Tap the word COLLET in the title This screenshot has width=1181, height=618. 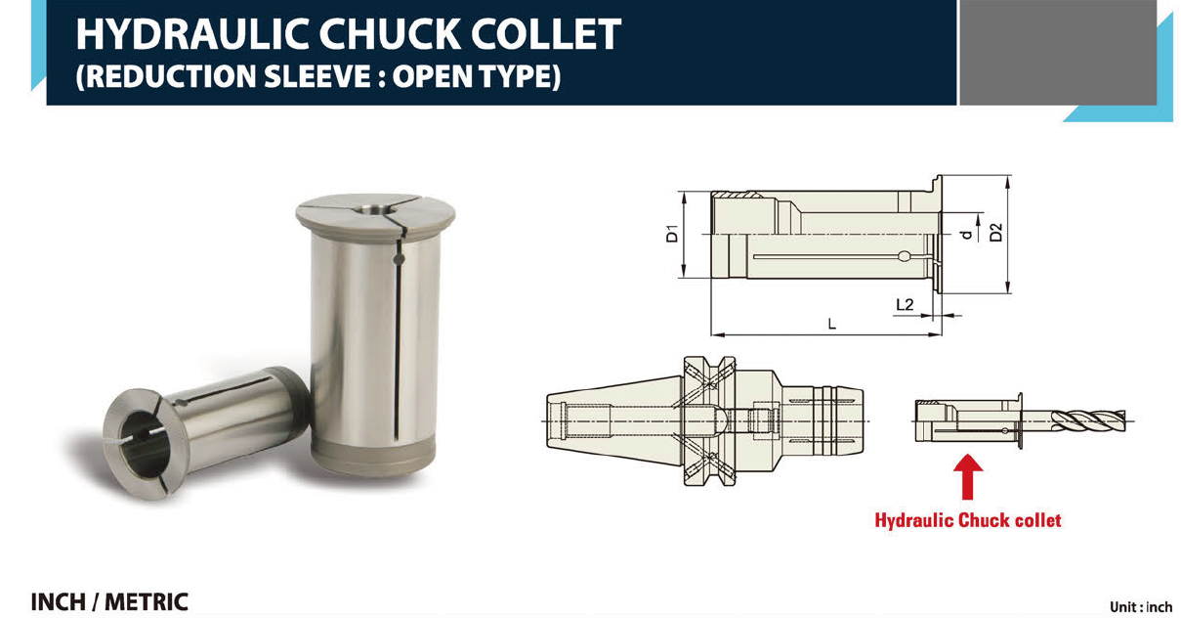546,34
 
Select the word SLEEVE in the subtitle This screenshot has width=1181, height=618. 317,76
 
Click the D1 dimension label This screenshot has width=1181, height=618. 672,234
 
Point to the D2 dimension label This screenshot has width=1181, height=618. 996,233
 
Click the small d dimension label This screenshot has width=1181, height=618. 966,235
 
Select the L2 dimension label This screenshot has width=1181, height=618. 905,304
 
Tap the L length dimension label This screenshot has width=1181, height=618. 832,324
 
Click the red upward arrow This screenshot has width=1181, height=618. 967,476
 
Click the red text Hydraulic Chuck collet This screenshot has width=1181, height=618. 967,520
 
